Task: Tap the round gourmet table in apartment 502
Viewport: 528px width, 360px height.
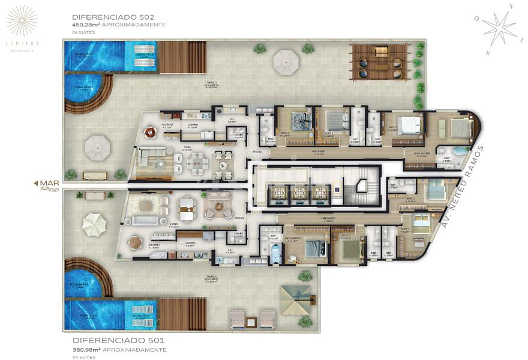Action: pyautogui.click(x=148, y=131)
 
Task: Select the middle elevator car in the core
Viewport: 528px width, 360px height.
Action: pyautogui.click(x=299, y=193)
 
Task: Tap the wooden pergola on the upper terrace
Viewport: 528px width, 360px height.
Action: pyautogui.click(x=379, y=61)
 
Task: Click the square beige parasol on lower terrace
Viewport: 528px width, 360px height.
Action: pyautogui.click(x=295, y=298)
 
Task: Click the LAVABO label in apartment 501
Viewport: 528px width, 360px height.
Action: pyautogui.click(x=238, y=235)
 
